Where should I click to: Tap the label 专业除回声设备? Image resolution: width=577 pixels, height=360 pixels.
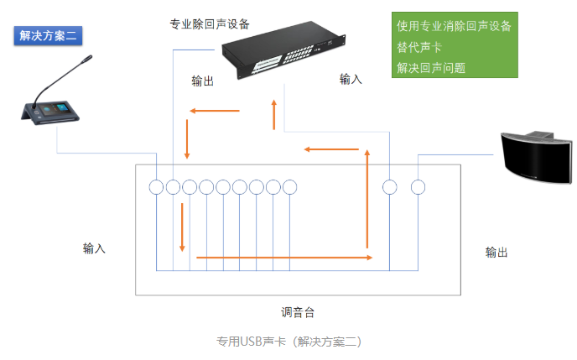pyautogui.click(x=209, y=23)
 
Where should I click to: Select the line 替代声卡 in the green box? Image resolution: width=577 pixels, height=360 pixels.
pyautogui.click(x=419, y=47)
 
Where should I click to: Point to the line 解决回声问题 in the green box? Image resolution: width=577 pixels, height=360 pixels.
pyautogui.click(x=431, y=68)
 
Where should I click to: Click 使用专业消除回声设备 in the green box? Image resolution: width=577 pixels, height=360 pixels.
pyautogui.click(x=454, y=26)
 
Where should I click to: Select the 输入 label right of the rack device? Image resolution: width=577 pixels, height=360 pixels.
pyautogui.click(x=351, y=79)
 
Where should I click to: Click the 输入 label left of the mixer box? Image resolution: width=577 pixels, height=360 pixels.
pyautogui.click(x=94, y=248)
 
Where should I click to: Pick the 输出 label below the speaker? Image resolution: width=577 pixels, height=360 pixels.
pyautogui.click(x=496, y=252)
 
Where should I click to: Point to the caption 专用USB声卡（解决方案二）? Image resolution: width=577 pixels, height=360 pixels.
pyautogui.click(x=288, y=342)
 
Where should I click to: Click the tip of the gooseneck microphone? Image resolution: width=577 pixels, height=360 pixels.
pyautogui.click(x=86, y=60)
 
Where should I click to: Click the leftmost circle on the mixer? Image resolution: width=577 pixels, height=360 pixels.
pyautogui.click(x=156, y=187)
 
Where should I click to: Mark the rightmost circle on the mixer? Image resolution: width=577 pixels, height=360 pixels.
pyautogui.click(x=418, y=187)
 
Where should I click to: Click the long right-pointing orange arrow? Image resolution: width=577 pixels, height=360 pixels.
pyautogui.click(x=284, y=258)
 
